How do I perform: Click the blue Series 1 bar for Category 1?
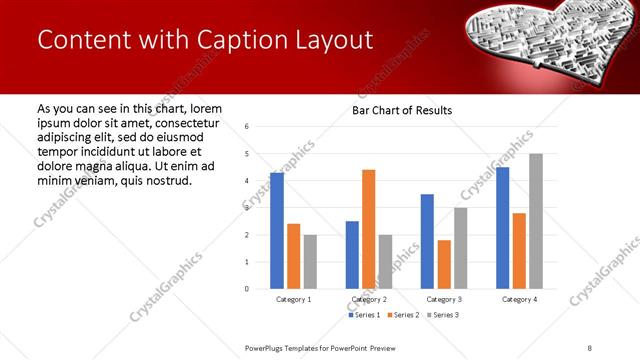click(277, 230)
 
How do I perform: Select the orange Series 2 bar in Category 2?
click(368, 229)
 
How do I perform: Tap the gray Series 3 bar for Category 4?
click(535, 221)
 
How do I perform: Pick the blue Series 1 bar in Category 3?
click(427, 241)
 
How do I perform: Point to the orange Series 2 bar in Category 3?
click(444, 264)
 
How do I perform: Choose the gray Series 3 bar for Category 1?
click(310, 261)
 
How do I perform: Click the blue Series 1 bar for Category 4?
click(502, 227)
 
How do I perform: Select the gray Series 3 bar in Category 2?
click(385, 261)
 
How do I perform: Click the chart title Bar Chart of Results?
click(402, 110)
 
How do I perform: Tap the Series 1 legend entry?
click(365, 315)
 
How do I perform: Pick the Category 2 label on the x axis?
click(368, 299)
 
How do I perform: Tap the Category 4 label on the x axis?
click(518, 299)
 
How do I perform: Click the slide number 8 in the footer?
click(590, 347)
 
